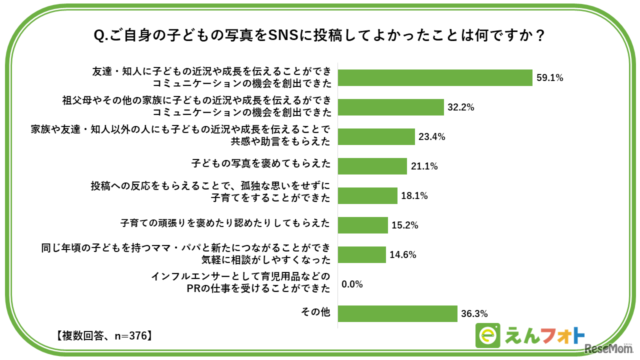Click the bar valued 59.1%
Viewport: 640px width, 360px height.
[x=435, y=78]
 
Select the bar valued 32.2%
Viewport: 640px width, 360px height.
[x=391, y=107]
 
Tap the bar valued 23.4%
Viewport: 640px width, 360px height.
[x=376, y=136]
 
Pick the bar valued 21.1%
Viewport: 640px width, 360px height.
[x=372, y=166]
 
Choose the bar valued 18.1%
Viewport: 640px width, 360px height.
[x=367, y=195]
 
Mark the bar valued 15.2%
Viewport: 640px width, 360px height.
[x=363, y=225]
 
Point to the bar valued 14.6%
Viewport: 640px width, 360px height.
[x=362, y=254]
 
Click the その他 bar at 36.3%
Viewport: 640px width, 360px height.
[x=398, y=313]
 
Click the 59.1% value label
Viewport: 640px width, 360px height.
[x=550, y=78]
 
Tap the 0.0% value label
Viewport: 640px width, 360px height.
[x=352, y=284]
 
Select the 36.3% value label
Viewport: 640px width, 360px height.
[x=474, y=313]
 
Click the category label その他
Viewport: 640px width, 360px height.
[x=315, y=312]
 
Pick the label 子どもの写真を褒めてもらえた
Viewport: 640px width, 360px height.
[x=260, y=163]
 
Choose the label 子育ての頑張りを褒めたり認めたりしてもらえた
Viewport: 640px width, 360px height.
[x=225, y=223]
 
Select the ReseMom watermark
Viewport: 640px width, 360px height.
[x=609, y=349]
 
